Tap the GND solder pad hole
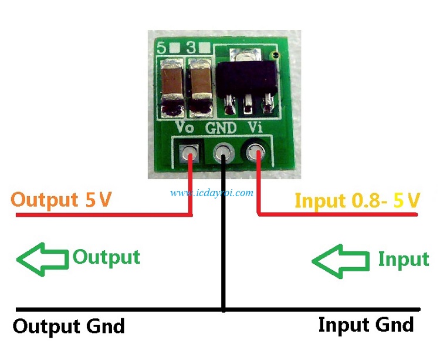[222, 154]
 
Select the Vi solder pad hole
[256, 154]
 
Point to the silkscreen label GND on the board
[221, 127]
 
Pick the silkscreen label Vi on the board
[255, 127]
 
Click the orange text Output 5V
[62, 200]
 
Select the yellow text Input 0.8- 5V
[357, 200]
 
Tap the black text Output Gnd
[69, 326]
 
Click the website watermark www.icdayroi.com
[212, 192]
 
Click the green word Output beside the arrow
[106, 257]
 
